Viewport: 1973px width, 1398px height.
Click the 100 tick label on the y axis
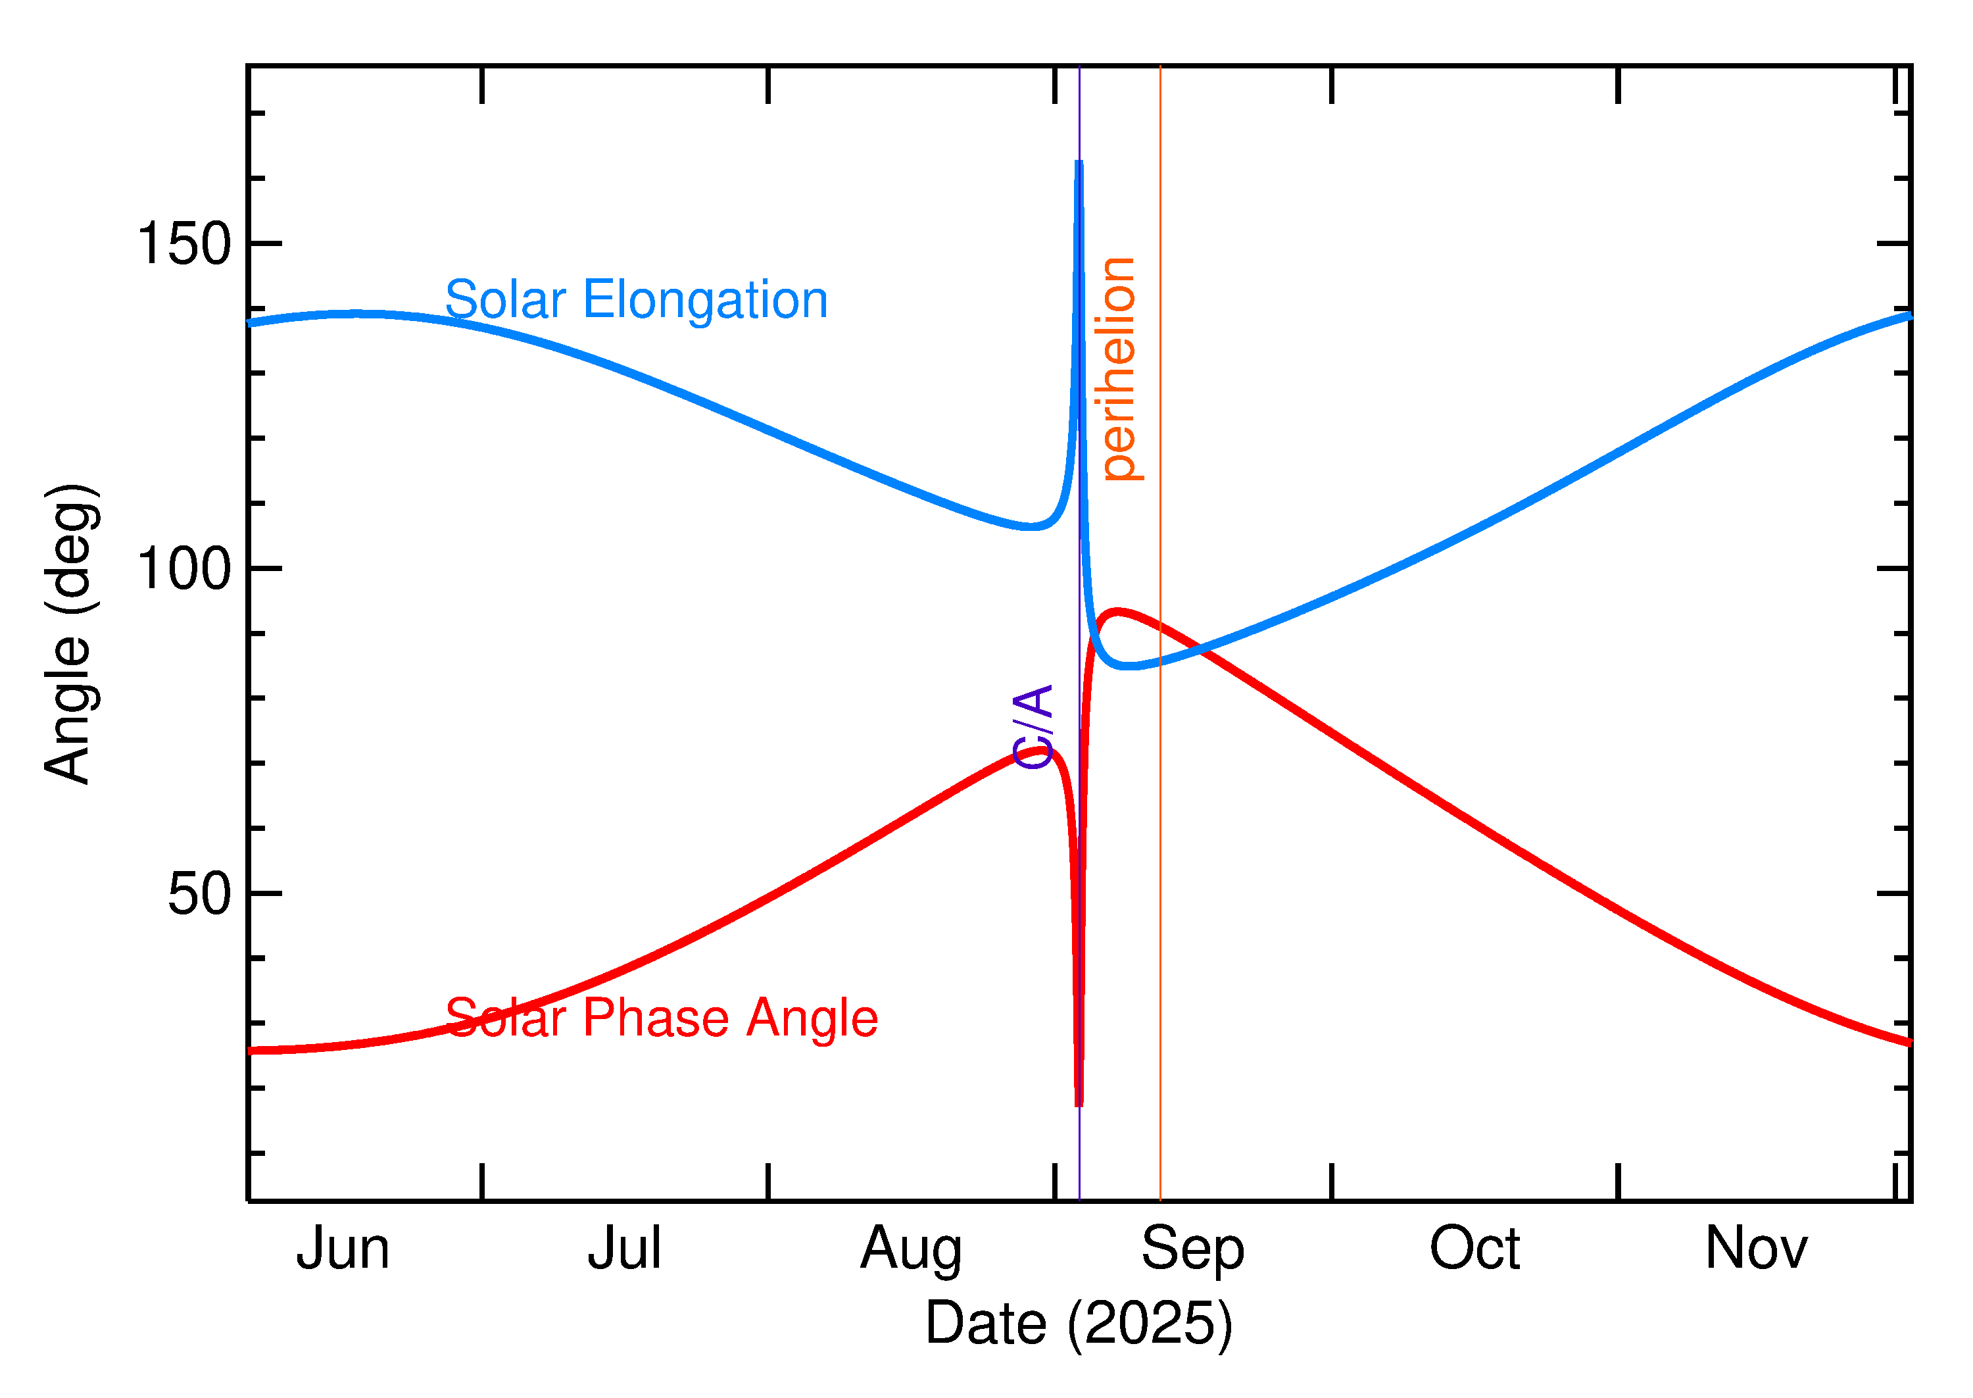(x=184, y=569)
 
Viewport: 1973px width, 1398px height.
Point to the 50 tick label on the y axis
(x=200, y=895)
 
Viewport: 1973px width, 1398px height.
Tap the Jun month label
(x=343, y=1249)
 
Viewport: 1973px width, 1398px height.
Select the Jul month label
(x=624, y=1249)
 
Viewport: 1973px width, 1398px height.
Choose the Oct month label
(x=1474, y=1249)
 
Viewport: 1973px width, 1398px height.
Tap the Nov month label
(x=1756, y=1249)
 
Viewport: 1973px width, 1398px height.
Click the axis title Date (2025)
(x=1078, y=1324)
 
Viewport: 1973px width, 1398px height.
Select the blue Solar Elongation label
(x=636, y=301)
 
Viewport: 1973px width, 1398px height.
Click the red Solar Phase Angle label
(x=661, y=1018)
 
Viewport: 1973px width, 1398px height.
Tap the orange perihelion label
(x=1119, y=368)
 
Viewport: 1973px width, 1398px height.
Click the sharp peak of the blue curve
(x=1079, y=164)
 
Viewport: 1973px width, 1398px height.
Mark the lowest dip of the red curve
(x=1079, y=1103)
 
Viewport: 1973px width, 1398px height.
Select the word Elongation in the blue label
(x=705, y=301)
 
